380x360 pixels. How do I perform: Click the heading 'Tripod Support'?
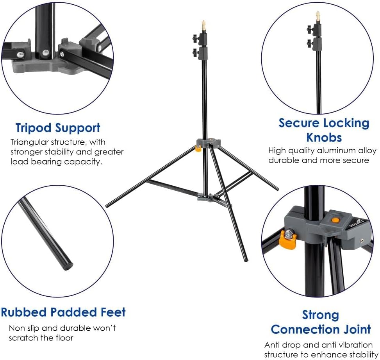tap(58, 128)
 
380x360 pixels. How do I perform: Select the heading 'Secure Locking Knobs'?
tap(324, 130)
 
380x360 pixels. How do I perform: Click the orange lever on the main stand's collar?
tap(198, 148)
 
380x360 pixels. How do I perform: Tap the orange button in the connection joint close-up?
tap(335, 220)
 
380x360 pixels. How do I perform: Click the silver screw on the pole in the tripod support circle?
tap(46, 53)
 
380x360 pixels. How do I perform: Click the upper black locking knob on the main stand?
tap(195, 38)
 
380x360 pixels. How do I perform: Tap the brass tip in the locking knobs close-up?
tap(318, 16)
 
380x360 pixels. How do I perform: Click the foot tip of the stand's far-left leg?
tap(107, 205)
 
